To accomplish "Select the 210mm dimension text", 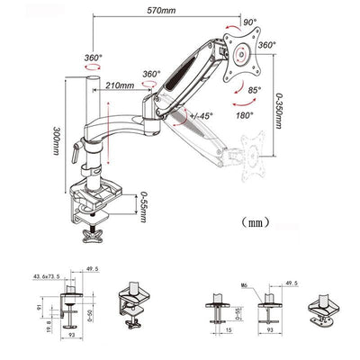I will click(119, 86).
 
